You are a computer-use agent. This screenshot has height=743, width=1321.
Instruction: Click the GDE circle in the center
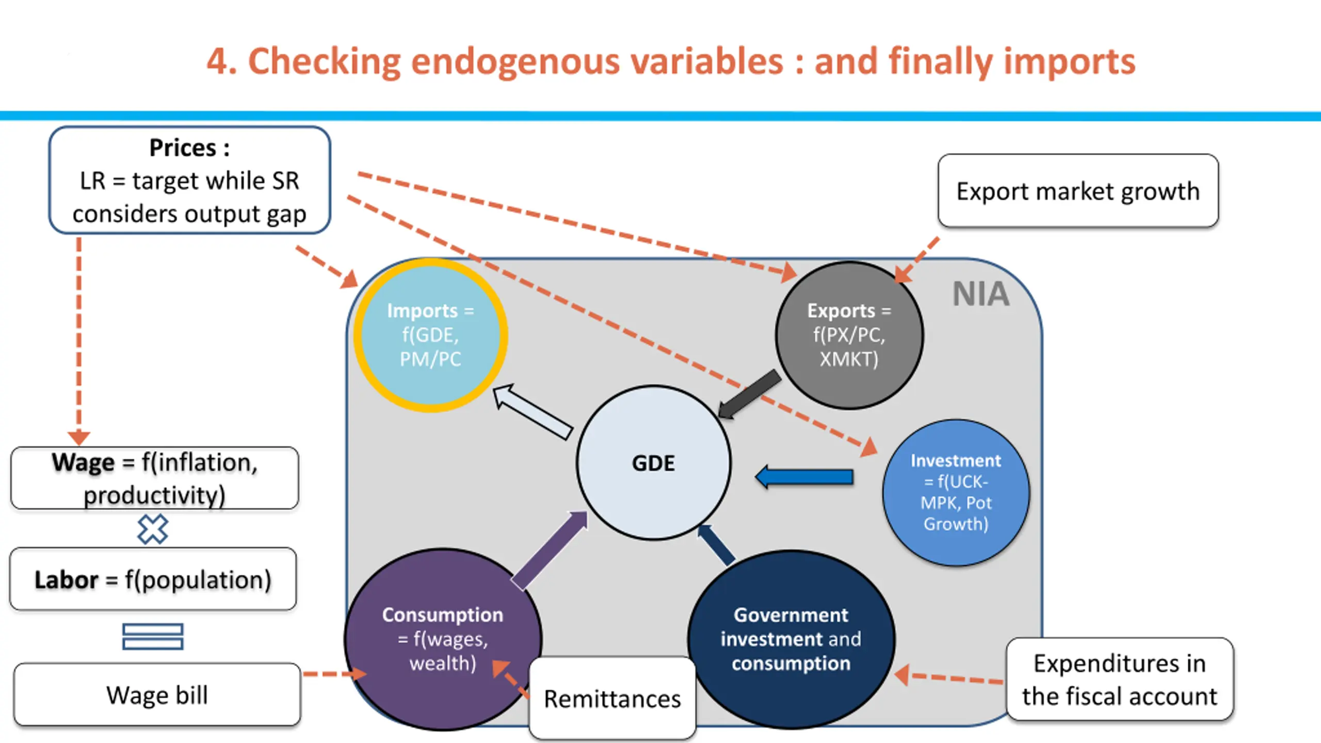(x=654, y=463)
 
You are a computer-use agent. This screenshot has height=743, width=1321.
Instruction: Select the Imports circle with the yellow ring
(x=430, y=335)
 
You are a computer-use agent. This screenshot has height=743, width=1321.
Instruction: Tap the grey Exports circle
(x=849, y=335)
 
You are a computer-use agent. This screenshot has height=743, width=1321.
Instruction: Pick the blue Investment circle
(x=956, y=493)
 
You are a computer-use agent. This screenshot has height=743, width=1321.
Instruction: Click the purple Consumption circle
(x=443, y=639)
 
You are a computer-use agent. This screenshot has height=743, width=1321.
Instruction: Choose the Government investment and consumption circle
(x=791, y=639)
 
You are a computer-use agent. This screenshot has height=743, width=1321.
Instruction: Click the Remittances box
(x=613, y=699)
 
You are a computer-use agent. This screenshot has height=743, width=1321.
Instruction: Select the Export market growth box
(x=1078, y=191)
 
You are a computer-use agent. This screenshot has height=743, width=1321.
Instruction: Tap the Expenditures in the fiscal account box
(x=1120, y=679)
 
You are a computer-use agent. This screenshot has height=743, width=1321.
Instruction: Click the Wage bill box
(x=157, y=694)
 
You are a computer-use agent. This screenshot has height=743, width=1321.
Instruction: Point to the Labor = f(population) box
(x=153, y=579)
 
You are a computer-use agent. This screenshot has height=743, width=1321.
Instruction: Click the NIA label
(x=980, y=294)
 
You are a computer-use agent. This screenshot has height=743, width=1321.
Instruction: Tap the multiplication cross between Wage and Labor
(x=153, y=529)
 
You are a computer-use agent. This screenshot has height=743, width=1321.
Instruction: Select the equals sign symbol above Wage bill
(x=153, y=636)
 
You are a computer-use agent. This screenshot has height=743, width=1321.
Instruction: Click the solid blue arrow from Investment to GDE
(x=804, y=477)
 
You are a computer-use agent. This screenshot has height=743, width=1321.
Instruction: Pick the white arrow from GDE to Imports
(x=533, y=412)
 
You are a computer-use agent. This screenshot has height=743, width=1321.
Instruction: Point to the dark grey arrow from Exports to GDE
(x=749, y=394)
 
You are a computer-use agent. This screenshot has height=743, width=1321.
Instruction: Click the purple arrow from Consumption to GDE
(x=550, y=550)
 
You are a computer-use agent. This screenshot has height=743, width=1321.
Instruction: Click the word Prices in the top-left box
(x=183, y=148)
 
